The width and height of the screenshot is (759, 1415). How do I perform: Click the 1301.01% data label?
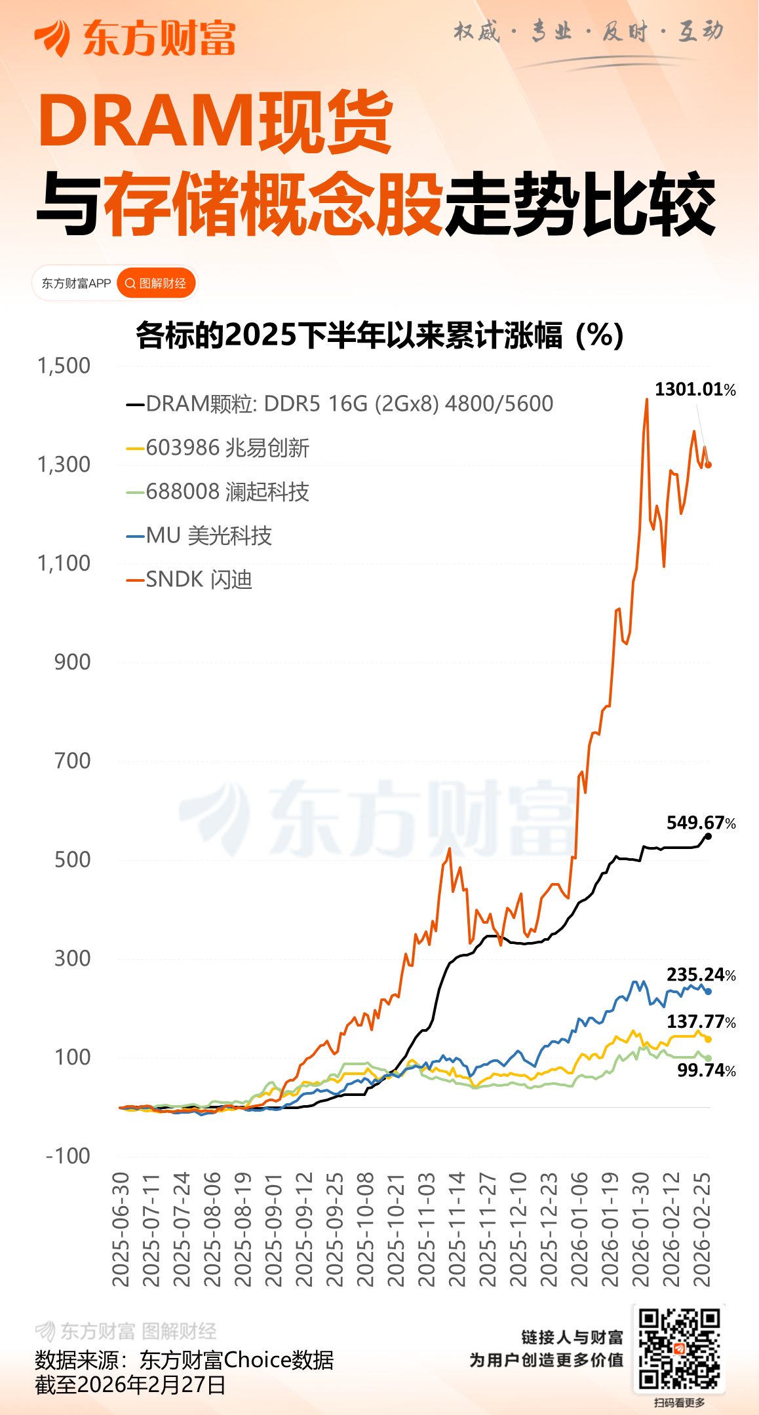click(x=695, y=390)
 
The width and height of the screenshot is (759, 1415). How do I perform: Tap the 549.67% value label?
click(x=701, y=823)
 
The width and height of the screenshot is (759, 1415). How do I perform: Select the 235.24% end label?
click(x=701, y=975)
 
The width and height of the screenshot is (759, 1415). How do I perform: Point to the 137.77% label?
click(x=701, y=1021)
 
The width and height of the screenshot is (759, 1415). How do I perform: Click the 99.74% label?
click(x=706, y=1070)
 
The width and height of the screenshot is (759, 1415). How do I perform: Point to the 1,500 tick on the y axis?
click(x=64, y=366)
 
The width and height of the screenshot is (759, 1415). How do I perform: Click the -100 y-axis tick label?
click(x=68, y=1156)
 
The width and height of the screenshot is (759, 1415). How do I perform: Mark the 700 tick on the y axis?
click(x=73, y=761)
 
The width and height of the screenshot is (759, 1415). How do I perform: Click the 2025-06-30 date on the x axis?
click(x=121, y=1229)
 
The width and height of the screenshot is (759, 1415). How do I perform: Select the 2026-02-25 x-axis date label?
click(x=702, y=1229)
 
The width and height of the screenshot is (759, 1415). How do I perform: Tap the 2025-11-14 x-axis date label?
click(x=457, y=1229)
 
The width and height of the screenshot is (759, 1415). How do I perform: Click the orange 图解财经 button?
click(x=157, y=284)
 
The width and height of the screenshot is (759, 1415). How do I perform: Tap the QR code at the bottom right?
click(x=679, y=1348)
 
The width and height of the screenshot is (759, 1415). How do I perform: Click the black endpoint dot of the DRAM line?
click(x=708, y=836)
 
